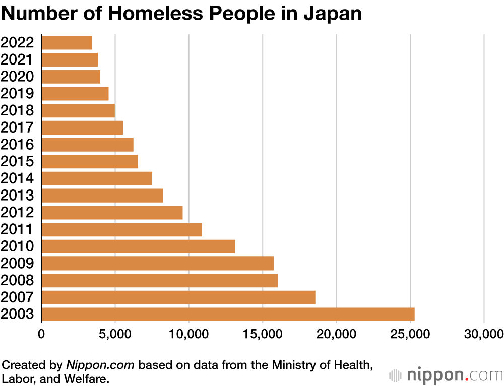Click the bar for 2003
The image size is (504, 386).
(228, 314)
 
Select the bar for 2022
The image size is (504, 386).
(67, 43)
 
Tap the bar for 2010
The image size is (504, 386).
(138, 246)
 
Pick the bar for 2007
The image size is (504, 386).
(178, 297)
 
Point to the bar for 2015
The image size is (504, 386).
(90, 162)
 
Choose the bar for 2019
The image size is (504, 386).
(75, 94)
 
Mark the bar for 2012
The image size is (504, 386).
(112, 213)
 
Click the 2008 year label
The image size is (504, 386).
(17, 281)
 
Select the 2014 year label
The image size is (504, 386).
(17, 178)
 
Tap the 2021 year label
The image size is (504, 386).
(17, 60)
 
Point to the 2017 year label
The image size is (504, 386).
(17, 127)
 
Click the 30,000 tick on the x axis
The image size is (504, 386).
(484, 334)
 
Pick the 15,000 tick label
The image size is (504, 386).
(263, 334)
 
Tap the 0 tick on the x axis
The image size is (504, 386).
(41, 334)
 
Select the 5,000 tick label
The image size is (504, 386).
(115, 334)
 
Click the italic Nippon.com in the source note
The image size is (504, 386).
(100, 365)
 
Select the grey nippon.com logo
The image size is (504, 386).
(446, 375)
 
